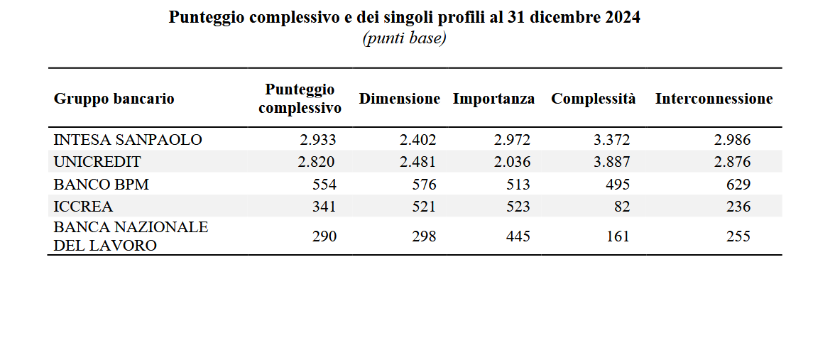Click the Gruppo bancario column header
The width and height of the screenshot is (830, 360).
(114, 99)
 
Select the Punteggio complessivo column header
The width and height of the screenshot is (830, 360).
(300, 99)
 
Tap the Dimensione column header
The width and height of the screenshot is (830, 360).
(399, 99)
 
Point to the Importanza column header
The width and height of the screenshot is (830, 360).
(493, 99)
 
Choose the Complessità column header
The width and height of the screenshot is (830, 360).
(594, 99)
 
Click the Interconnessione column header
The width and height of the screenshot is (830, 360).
(714, 99)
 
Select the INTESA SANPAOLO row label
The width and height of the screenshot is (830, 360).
(128, 140)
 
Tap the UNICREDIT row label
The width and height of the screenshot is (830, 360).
(97, 162)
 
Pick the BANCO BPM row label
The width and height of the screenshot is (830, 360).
(101, 185)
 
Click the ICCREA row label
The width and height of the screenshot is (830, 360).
(83, 207)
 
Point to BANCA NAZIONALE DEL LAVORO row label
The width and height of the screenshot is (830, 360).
(131, 236)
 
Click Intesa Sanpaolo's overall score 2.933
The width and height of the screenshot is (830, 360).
(317, 140)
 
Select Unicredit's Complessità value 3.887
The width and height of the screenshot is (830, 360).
(611, 162)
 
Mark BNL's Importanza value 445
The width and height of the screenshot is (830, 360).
(518, 236)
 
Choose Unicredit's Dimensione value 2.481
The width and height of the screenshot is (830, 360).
(417, 162)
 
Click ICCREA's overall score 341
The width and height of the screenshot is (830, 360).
(324, 207)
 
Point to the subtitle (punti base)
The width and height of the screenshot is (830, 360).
(405, 38)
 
